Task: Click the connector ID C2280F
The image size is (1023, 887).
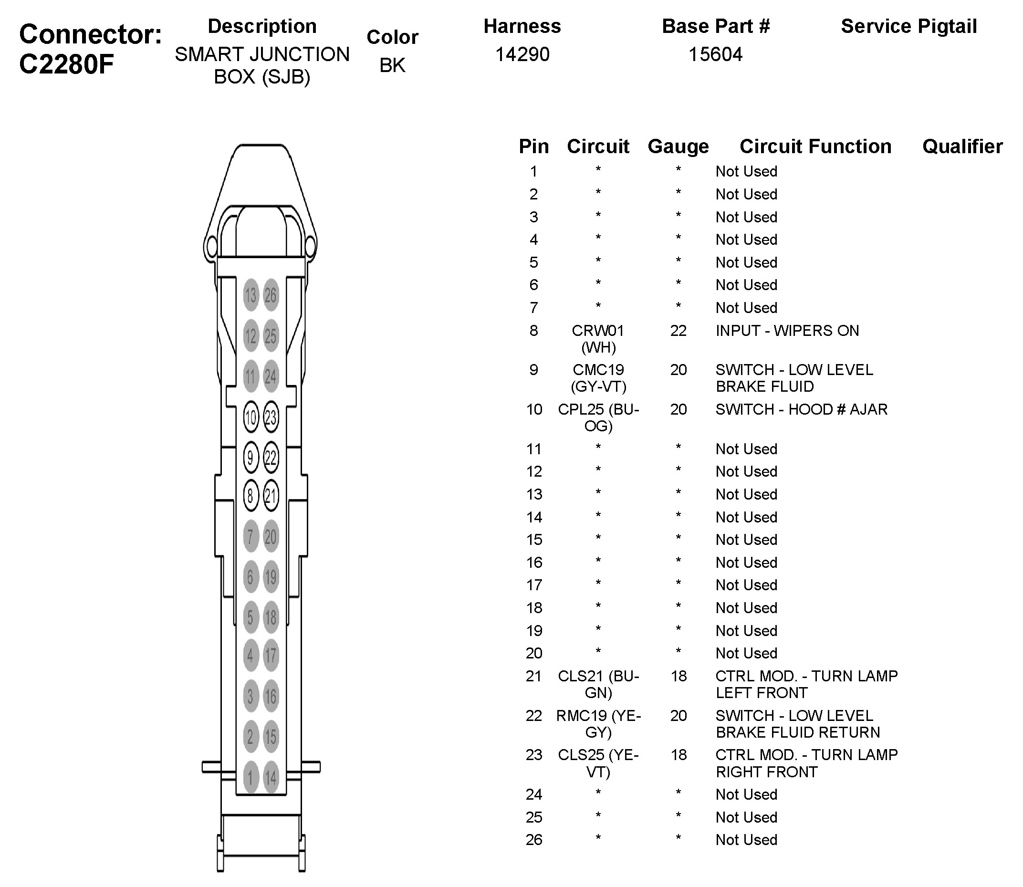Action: [x=67, y=64]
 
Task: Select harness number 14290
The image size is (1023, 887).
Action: [x=522, y=54]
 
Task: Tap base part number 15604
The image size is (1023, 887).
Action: [x=715, y=54]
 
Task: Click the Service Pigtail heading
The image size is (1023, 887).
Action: [x=908, y=26]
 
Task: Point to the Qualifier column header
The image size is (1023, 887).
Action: [x=962, y=146]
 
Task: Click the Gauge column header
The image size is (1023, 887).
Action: [x=678, y=146]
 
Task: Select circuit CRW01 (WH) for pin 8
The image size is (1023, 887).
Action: [x=598, y=339]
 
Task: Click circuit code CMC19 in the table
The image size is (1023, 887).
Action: [x=598, y=370]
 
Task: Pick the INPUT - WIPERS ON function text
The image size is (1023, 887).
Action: [x=787, y=331]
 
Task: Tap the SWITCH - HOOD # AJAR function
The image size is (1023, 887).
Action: [x=801, y=409]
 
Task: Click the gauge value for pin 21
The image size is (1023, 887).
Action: [x=678, y=676]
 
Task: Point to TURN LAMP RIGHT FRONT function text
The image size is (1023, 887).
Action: [x=806, y=763]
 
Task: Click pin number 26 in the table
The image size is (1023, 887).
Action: [x=533, y=840]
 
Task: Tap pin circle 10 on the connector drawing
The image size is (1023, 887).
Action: [x=251, y=417]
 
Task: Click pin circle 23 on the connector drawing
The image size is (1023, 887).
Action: [x=271, y=417]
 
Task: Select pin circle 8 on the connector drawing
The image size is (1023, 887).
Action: [x=251, y=495]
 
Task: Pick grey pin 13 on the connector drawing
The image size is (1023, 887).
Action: [x=251, y=295]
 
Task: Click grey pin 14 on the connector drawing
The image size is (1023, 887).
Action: [x=271, y=777]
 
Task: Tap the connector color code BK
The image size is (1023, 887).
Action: [x=392, y=65]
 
